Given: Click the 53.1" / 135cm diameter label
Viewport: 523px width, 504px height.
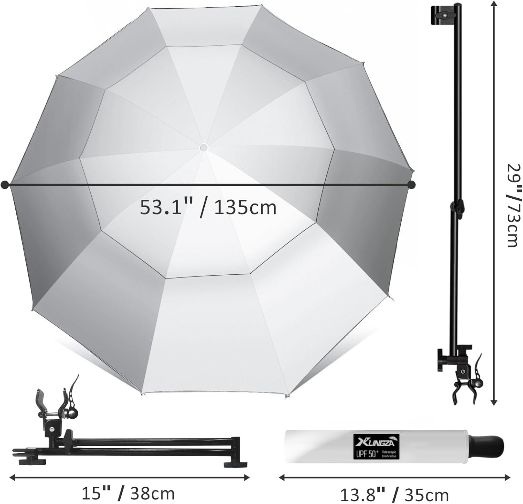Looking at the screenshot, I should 208,208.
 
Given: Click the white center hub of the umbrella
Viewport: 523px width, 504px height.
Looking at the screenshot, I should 204,148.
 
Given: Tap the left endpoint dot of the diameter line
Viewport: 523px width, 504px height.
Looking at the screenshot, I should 5,185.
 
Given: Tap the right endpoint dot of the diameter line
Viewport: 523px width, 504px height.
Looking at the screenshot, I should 411,184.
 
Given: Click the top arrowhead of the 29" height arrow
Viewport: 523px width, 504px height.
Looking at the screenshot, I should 493,4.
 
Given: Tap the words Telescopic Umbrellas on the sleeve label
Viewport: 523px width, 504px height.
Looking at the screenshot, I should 389,453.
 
